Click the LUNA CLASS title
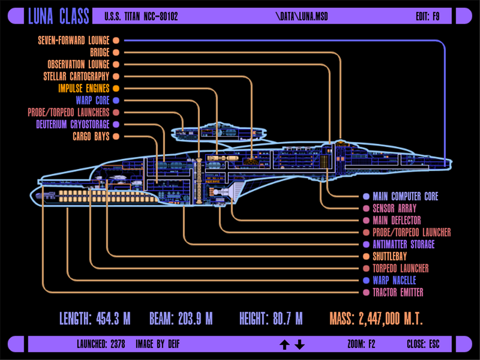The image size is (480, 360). (59, 16)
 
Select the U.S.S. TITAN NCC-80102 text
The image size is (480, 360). (141, 16)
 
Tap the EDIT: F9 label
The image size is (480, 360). (427, 16)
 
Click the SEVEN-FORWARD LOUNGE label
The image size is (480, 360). (73, 40)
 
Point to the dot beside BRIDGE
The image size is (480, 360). (116, 52)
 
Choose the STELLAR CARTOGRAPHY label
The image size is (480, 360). (76, 76)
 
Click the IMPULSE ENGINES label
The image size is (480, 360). (83, 88)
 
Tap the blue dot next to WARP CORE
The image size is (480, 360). (116, 100)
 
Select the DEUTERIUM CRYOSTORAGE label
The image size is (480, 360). (73, 124)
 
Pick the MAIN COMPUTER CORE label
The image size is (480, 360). (405, 196)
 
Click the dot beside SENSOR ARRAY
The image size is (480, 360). (366, 208)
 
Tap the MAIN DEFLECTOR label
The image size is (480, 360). (397, 220)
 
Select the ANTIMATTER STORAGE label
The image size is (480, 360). (403, 244)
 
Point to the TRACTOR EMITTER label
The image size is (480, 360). (398, 292)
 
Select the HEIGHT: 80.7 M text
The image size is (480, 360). (271, 319)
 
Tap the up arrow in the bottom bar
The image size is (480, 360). (284, 344)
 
